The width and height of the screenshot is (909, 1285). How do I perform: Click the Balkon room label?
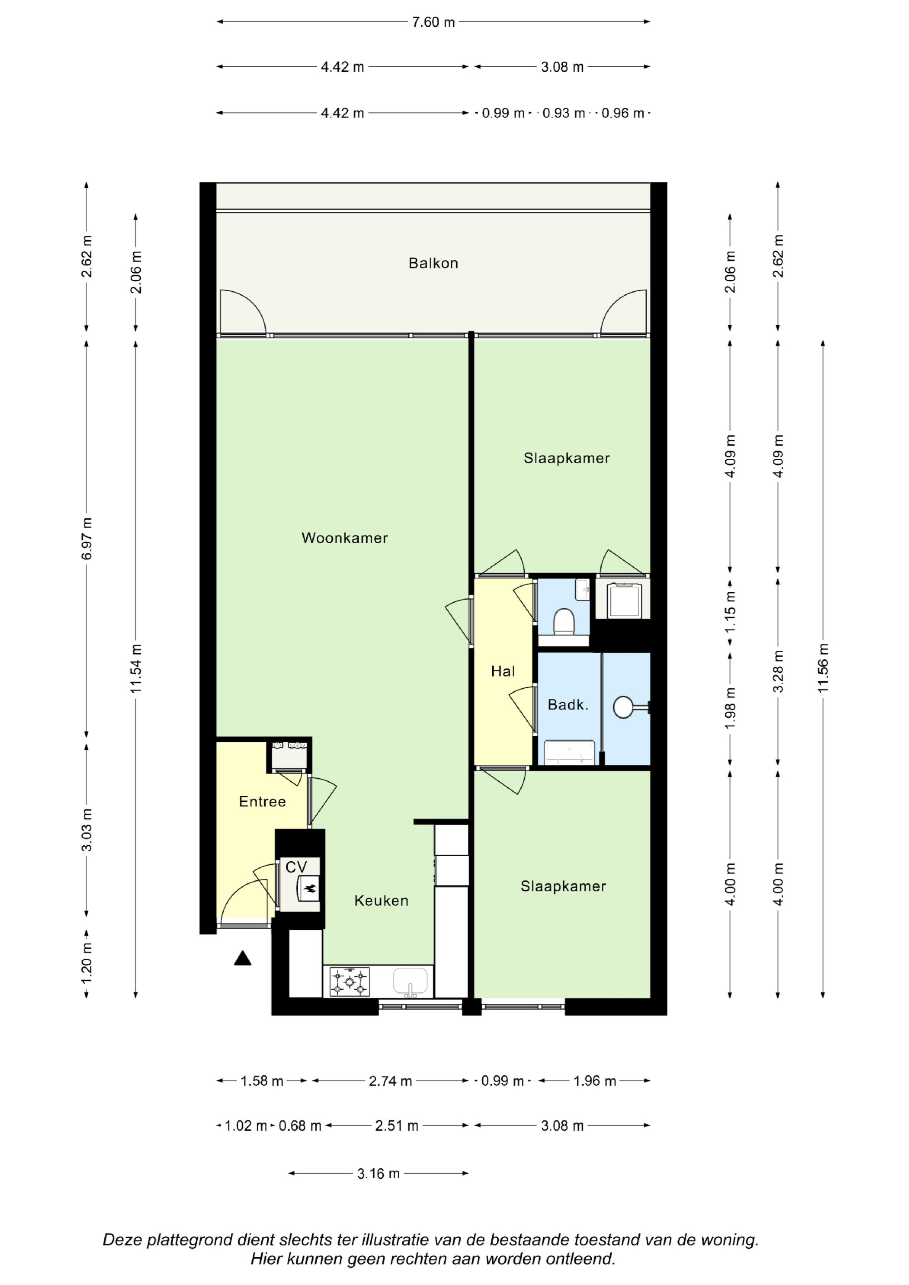point(433,263)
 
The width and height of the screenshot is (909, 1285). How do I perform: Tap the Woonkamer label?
point(345,538)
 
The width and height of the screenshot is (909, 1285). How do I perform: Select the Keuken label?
point(381,901)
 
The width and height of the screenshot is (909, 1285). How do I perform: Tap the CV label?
point(296,867)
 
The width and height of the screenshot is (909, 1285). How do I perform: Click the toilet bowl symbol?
point(564,623)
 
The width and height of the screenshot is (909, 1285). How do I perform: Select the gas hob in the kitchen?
point(350,982)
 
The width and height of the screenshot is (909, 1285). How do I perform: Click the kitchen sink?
point(410,982)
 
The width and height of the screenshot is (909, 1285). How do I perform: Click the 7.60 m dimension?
point(433,22)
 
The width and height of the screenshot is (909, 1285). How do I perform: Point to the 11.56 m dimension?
point(823,669)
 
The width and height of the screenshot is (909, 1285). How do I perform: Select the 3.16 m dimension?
point(379,1173)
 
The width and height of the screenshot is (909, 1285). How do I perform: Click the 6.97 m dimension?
point(87,538)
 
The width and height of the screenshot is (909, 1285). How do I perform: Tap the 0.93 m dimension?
point(564,113)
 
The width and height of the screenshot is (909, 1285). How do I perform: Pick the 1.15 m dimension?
point(730,613)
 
